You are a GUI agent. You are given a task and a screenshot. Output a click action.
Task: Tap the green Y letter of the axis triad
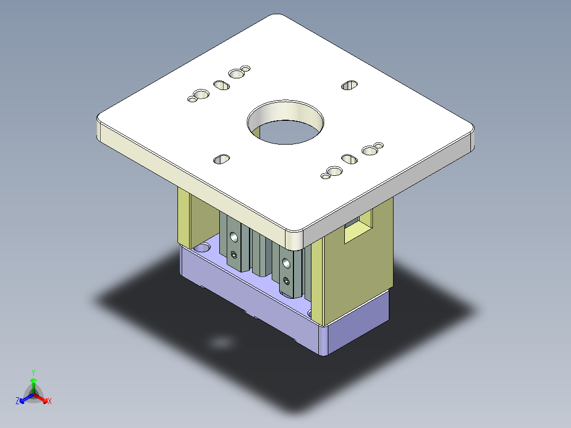coord(33,372)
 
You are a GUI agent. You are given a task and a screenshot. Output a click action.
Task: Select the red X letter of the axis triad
coord(50,402)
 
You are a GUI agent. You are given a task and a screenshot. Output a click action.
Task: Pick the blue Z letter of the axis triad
coord(17,402)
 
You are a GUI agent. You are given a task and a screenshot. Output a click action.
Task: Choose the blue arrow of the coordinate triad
coord(24,398)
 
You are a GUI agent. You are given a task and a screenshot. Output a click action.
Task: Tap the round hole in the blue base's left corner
coord(201,247)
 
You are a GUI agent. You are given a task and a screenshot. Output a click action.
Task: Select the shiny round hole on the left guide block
coord(233,237)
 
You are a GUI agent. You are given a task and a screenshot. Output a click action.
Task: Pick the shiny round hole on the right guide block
coord(286,263)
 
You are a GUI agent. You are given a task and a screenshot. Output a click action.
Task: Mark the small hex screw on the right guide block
coord(287,280)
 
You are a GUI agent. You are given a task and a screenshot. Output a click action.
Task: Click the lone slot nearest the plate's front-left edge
coord(221,158)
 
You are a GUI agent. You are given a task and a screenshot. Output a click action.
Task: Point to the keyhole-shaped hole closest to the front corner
coord(333,172)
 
